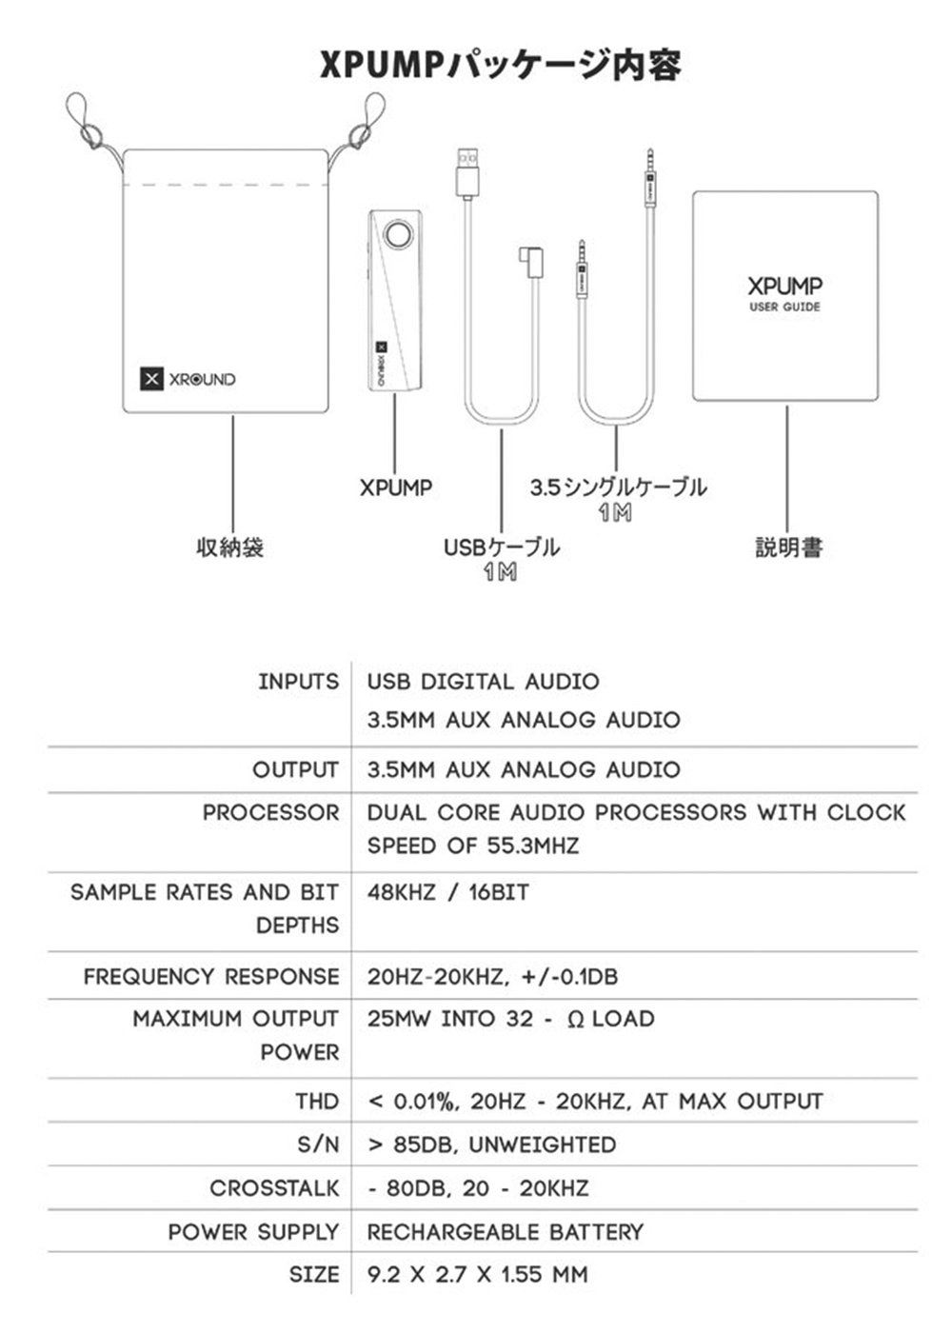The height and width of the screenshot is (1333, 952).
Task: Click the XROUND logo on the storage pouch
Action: pyautogui.click(x=188, y=379)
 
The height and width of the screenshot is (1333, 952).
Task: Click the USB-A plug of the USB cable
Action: pyautogui.click(x=466, y=172)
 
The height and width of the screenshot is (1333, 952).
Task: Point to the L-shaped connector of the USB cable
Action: pyautogui.click(x=528, y=260)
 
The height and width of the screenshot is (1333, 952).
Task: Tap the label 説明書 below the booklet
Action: pyautogui.click(x=788, y=547)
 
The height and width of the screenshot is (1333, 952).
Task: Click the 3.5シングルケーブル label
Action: pyautogui.click(x=618, y=487)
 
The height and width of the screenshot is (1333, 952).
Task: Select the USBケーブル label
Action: pyautogui.click(x=501, y=547)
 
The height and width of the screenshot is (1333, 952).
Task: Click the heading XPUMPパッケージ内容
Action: pyautogui.click(x=500, y=65)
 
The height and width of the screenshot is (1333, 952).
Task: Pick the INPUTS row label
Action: pyautogui.click(x=298, y=682)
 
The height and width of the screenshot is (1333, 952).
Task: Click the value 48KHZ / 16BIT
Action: pyautogui.click(x=447, y=893)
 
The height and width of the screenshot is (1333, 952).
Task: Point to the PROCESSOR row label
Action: pyautogui.click(x=270, y=813)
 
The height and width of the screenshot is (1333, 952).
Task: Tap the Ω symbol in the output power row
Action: pyautogui.click(x=575, y=1020)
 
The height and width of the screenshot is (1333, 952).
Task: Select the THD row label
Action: pyautogui.click(x=316, y=1102)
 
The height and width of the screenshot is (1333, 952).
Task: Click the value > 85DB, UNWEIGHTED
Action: pyautogui.click(x=491, y=1144)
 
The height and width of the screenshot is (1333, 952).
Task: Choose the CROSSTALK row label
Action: pyautogui.click(x=274, y=1188)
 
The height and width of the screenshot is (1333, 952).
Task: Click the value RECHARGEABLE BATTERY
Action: pyautogui.click(x=506, y=1232)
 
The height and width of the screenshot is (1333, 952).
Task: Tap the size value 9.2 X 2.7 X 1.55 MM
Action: pyautogui.click(x=477, y=1275)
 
